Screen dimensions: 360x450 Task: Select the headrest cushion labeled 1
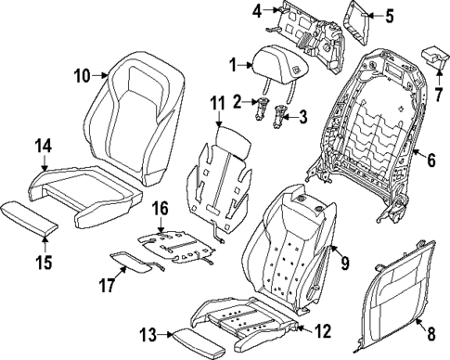276,67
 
